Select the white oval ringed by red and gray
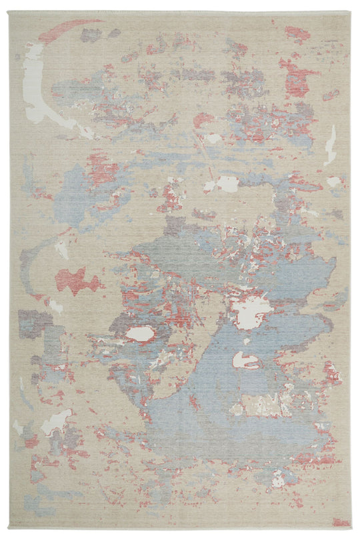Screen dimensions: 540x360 click(x=139, y=333)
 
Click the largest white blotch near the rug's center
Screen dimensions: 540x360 click(x=251, y=309)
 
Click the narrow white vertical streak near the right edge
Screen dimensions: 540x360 click(x=330, y=145)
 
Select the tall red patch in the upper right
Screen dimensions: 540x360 click(x=294, y=79)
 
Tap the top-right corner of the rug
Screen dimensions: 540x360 click(x=350, y=12)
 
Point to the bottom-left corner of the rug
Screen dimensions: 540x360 click(x=11, y=528)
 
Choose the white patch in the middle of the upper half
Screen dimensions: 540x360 click(x=225, y=183)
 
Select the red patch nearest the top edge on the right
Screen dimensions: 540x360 click(x=297, y=33)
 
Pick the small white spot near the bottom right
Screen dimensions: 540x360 click(x=277, y=479)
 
